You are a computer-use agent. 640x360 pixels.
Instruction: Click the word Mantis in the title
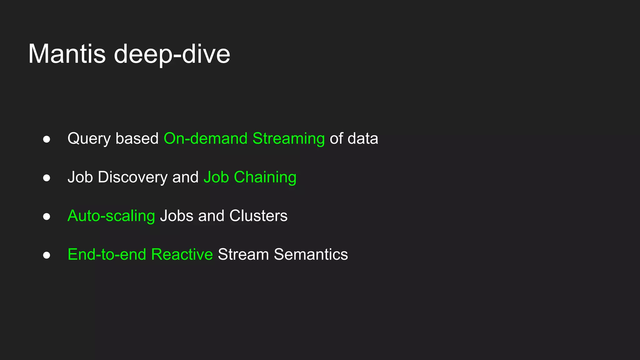coord(67,54)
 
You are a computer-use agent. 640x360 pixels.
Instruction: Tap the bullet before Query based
coord(47,139)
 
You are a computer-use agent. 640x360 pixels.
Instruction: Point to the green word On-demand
coord(205,138)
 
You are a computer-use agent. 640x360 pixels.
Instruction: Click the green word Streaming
coord(288,139)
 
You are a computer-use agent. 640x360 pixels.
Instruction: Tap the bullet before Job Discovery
coord(47,178)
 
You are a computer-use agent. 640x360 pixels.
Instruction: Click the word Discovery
coord(132,177)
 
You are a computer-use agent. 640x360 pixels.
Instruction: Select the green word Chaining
coord(265,177)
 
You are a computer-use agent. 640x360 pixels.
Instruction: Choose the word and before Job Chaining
coord(185,177)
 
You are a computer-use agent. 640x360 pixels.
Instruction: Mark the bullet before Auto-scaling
coord(47,217)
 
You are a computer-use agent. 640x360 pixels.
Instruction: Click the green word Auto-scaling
coord(111,216)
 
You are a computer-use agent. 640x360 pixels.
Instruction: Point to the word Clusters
coord(258,216)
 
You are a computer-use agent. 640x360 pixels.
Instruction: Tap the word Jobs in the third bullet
coord(177,216)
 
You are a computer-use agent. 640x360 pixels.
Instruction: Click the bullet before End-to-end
coord(47,255)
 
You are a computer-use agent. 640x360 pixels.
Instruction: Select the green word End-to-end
coord(107,254)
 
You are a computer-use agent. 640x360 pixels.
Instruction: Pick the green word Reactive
coord(182,254)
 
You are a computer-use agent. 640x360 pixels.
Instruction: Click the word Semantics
coord(311,254)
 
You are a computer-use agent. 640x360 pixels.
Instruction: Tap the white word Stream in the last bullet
coord(243,254)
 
